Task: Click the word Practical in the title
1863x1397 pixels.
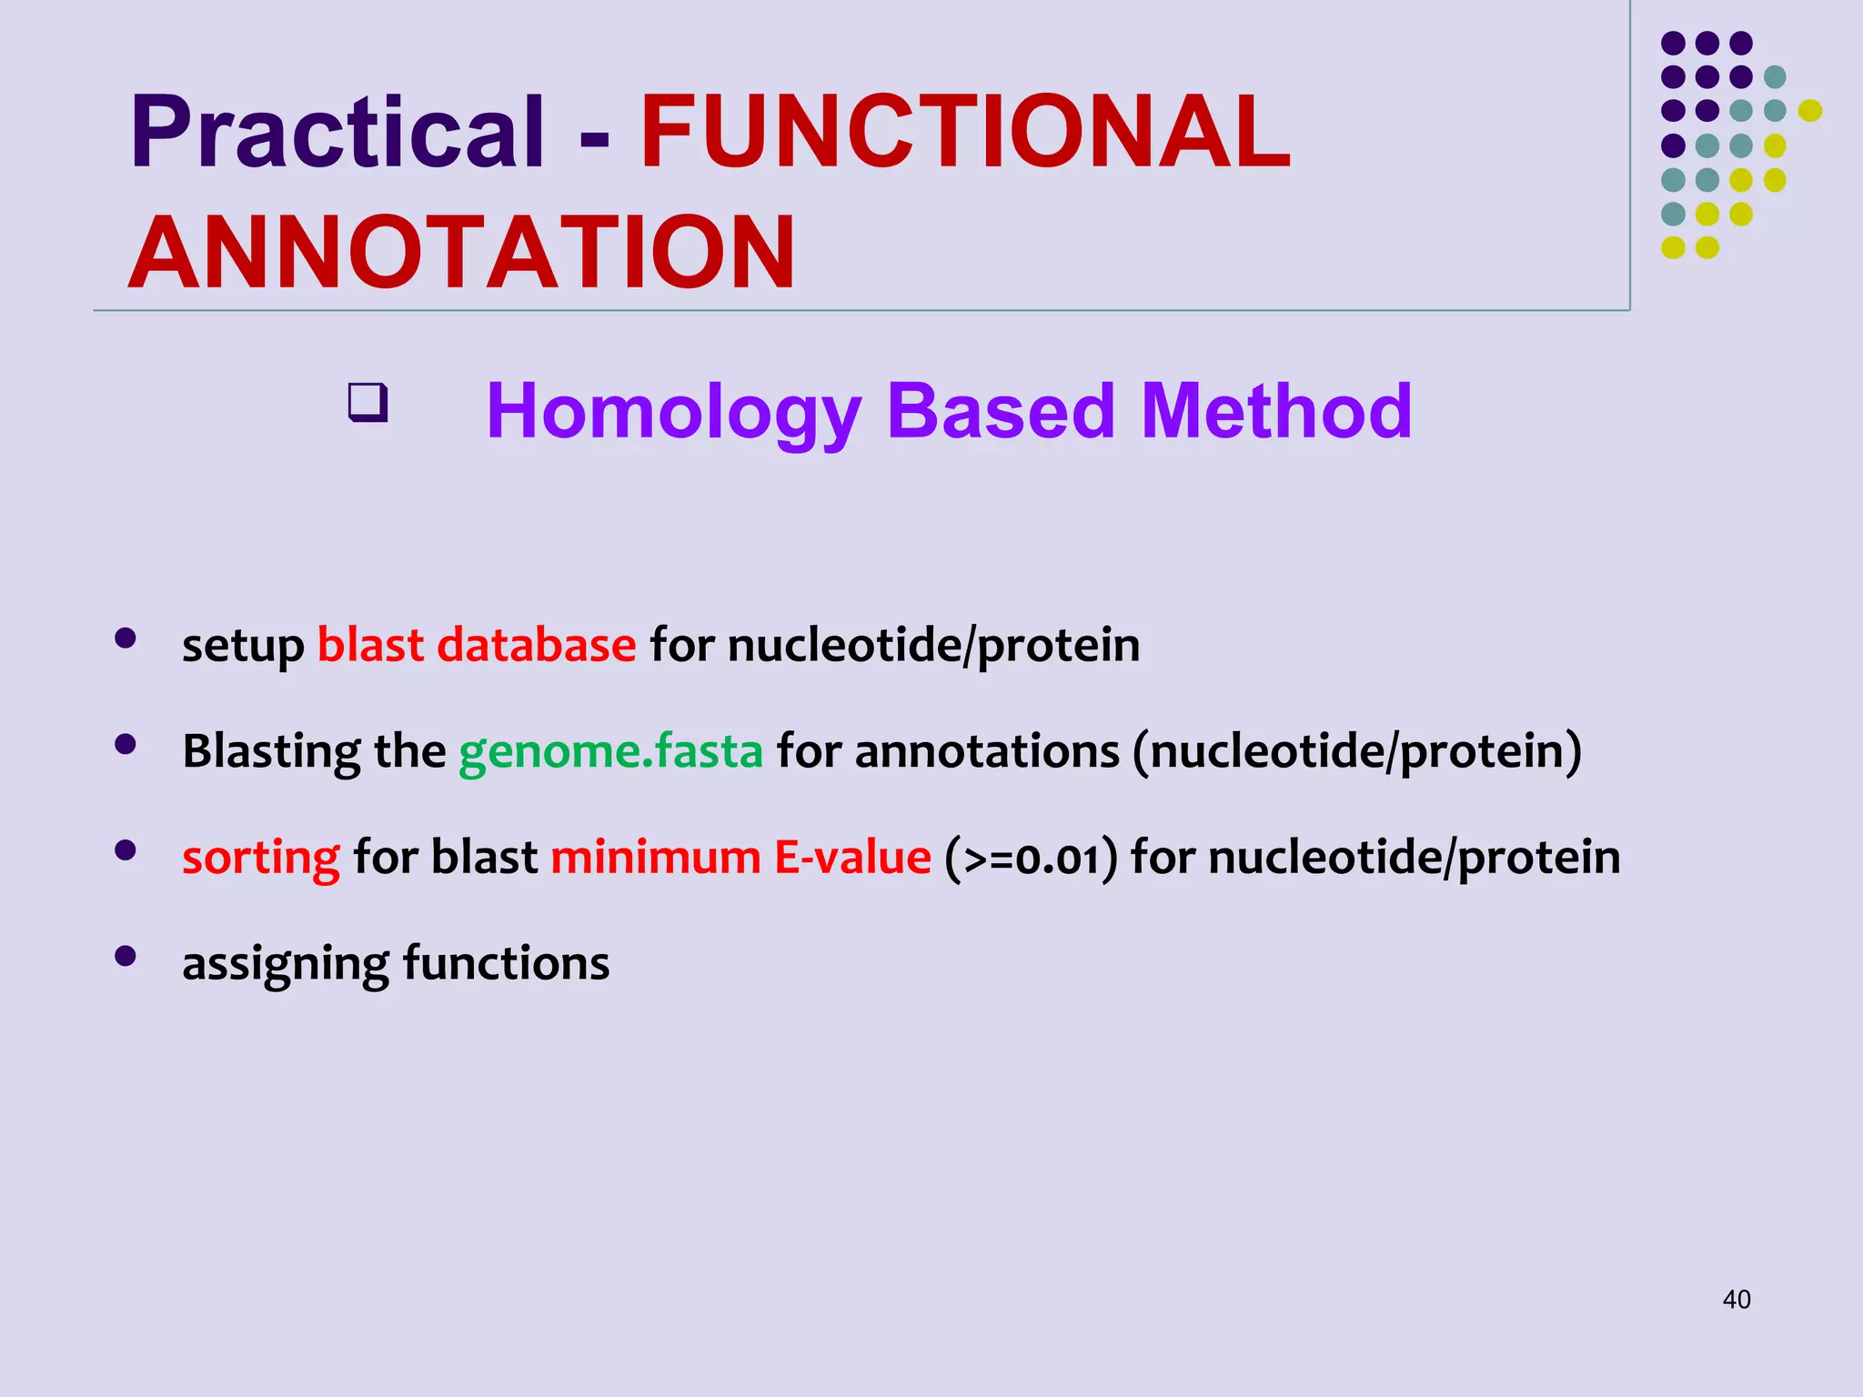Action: point(337,134)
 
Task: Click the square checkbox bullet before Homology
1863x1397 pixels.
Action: point(368,403)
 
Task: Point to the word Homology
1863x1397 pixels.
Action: point(673,412)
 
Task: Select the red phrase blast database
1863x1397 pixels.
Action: point(476,646)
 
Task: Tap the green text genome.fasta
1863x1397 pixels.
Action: point(610,752)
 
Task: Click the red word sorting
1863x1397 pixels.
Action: point(260,858)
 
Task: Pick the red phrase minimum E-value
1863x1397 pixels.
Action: point(740,858)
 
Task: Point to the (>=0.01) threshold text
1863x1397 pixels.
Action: point(1031,858)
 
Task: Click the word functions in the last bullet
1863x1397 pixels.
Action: point(506,963)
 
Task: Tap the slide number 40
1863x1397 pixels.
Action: point(1736,1300)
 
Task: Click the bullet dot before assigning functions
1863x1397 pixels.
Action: point(126,956)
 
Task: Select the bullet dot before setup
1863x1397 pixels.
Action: point(126,638)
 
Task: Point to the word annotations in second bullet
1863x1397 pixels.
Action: point(987,752)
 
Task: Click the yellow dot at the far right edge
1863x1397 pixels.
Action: point(1809,111)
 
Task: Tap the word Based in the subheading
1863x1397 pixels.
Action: point(1000,412)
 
